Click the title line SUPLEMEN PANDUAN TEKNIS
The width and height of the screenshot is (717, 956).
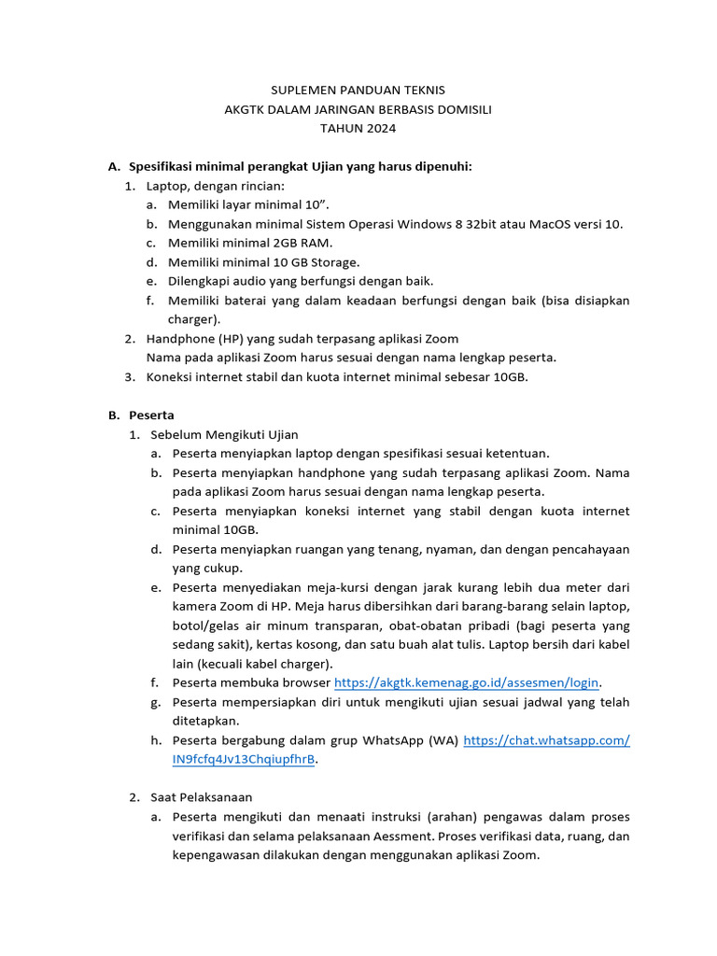(358, 91)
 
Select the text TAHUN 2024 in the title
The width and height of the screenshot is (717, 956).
(358, 128)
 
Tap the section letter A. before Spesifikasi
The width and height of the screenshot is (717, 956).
(114, 167)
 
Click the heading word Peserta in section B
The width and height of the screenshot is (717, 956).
(151, 415)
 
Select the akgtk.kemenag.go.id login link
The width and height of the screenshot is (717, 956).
(467, 682)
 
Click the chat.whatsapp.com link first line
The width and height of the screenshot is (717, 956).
(546, 740)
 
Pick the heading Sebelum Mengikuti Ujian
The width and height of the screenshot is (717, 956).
(224, 435)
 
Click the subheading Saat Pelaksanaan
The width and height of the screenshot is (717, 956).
(202, 797)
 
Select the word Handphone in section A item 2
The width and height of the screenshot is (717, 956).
(180, 339)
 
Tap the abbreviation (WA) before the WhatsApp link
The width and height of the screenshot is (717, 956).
(443, 740)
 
